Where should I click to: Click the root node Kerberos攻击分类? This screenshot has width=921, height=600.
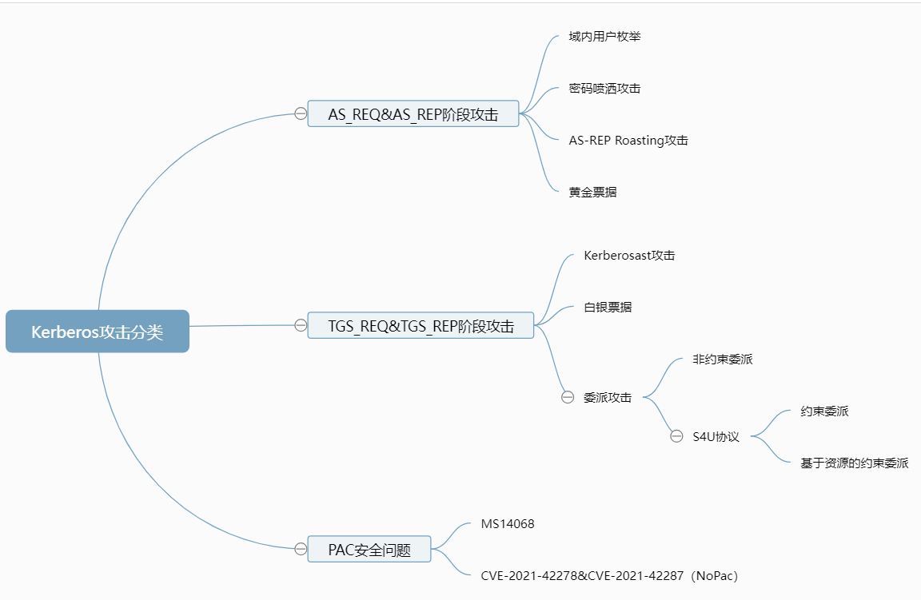coord(98,332)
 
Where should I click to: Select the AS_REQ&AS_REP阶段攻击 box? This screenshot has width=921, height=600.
coord(413,114)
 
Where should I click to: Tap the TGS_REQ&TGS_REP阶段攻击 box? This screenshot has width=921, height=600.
coord(421,326)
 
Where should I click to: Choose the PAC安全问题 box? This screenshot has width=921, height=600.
coord(369,550)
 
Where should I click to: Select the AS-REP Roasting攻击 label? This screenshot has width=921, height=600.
coord(628,141)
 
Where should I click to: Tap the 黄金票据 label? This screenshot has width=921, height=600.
coord(592,193)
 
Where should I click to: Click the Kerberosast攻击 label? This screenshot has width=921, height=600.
coord(629,256)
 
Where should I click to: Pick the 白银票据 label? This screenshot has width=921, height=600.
coord(608,308)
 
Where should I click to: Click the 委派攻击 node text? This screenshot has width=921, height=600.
coord(608,397)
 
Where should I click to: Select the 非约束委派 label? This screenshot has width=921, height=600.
coord(723,360)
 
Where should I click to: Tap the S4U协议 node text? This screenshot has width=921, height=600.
coord(716,437)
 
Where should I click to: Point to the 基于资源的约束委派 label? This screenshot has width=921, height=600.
coord(854,463)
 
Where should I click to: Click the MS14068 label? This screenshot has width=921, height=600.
coord(508,524)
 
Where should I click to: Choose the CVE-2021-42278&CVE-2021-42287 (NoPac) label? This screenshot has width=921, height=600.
coord(614,575)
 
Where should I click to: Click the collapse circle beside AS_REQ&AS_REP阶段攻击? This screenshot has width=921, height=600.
coord(301,113)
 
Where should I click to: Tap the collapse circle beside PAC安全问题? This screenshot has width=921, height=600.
coord(301,549)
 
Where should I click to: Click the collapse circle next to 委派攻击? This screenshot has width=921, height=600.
coord(568,397)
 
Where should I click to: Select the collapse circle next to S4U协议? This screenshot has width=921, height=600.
coord(676,436)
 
